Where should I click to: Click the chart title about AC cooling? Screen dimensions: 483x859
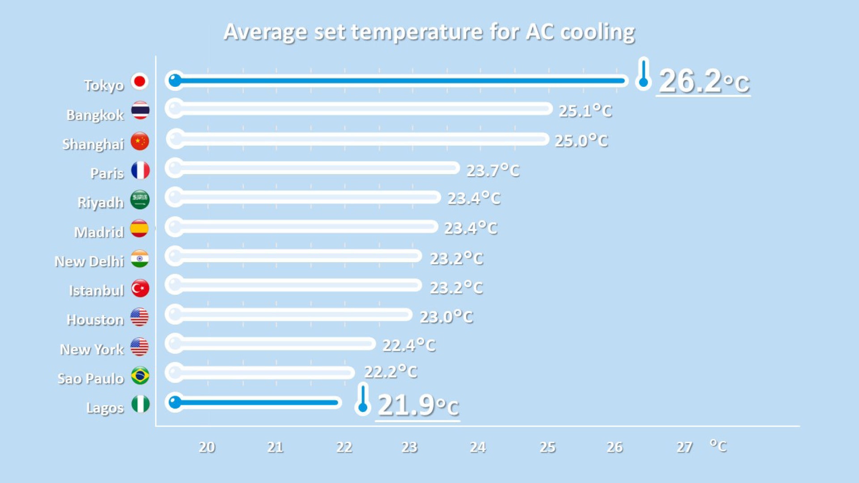(x=429, y=32)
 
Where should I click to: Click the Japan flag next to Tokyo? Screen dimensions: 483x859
(x=140, y=81)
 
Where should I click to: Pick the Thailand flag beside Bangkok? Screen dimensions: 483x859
(x=140, y=110)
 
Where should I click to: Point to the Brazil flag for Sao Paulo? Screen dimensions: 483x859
(x=140, y=376)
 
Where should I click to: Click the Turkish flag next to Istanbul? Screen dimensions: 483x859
(x=140, y=288)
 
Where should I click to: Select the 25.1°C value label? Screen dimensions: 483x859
(x=585, y=111)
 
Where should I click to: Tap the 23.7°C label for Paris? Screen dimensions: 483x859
(x=493, y=170)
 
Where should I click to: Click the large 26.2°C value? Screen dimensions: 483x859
(x=704, y=81)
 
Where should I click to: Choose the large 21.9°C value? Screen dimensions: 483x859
(x=418, y=405)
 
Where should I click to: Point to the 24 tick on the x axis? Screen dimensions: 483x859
(x=478, y=447)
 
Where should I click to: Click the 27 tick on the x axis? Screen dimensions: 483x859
(x=685, y=447)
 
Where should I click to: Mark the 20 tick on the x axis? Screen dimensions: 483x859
(x=207, y=447)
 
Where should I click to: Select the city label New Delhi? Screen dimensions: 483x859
(x=89, y=261)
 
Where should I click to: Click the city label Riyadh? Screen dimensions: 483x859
(x=101, y=203)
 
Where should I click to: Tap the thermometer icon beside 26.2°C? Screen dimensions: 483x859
(x=643, y=74)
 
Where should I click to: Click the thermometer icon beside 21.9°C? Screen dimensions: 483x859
(x=363, y=399)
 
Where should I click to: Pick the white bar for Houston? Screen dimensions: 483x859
(x=289, y=314)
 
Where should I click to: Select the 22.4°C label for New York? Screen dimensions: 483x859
(x=409, y=345)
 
